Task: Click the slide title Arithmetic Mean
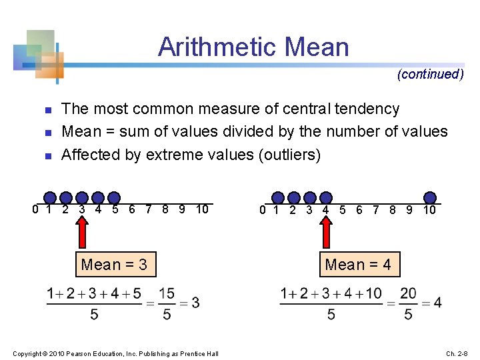pos(253,47)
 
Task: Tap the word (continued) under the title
pos(430,74)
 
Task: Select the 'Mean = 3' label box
pos(114,265)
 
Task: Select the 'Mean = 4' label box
pos(358,265)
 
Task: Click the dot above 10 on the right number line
pos(430,197)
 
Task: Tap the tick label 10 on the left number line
pos(203,210)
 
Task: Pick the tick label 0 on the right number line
pos(263,211)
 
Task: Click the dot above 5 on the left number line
pos(115,197)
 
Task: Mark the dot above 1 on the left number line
pos(50,197)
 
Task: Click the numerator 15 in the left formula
pos(166,293)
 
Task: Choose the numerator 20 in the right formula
pos(408,293)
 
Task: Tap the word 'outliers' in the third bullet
pos(289,155)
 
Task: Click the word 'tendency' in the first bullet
pos(367,109)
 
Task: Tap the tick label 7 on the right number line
pos(376,211)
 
